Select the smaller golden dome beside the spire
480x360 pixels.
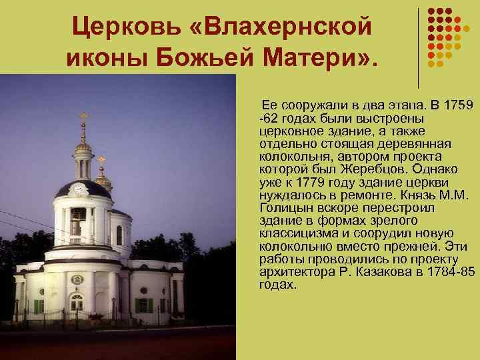pyautogui.click(x=103, y=180)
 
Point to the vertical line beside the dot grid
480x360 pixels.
pyautogui.click(x=418, y=47)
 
